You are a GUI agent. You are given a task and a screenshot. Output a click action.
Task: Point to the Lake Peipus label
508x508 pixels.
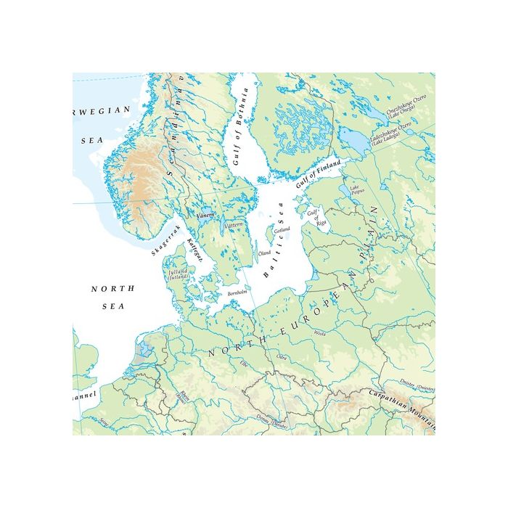pyautogui.click(x=356, y=190)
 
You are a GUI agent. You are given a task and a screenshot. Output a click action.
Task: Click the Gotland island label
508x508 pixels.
pyautogui.click(x=282, y=229)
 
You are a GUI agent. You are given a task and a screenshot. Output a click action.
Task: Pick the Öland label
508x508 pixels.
pyautogui.click(x=265, y=253)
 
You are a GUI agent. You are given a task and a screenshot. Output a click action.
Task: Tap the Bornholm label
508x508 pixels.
pyautogui.click(x=238, y=292)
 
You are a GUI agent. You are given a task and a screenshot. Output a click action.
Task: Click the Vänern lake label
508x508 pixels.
pyautogui.click(x=204, y=216)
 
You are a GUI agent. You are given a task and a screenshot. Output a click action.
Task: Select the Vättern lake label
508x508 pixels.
pyautogui.click(x=232, y=226)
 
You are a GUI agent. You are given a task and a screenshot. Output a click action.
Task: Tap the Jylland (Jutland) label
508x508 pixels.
pyautogui.click(x=179, y=274)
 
